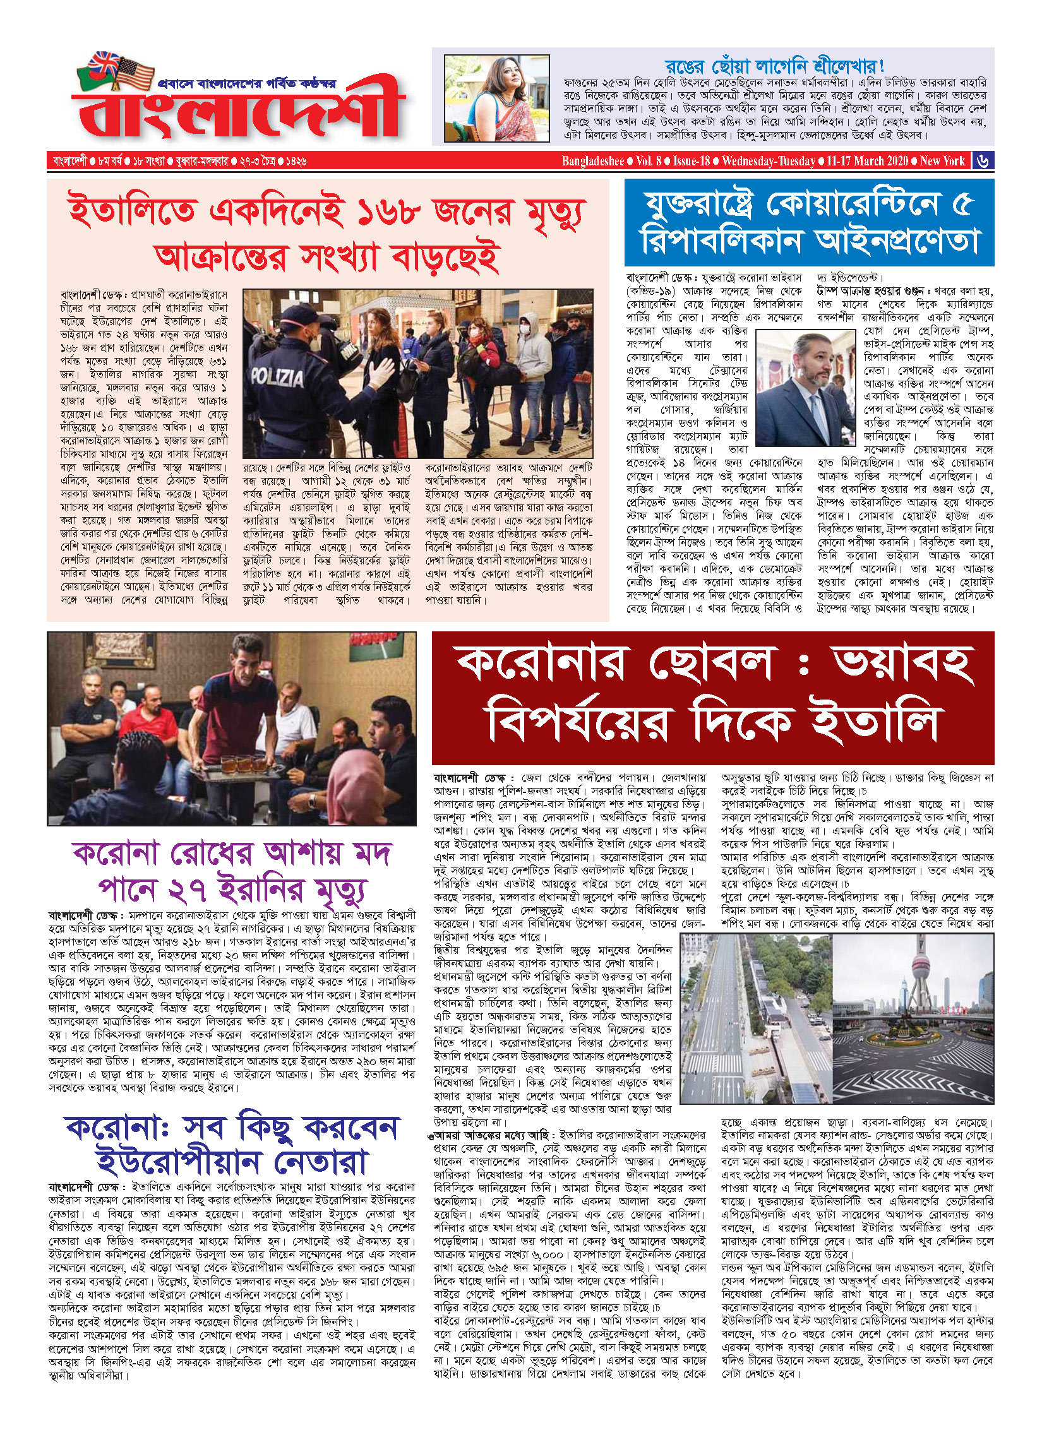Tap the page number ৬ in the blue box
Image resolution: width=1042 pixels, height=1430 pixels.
click(983, 160)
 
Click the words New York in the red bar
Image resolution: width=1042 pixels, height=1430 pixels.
click(942, 161)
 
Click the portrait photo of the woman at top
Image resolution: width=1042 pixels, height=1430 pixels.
click(496, 98)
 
